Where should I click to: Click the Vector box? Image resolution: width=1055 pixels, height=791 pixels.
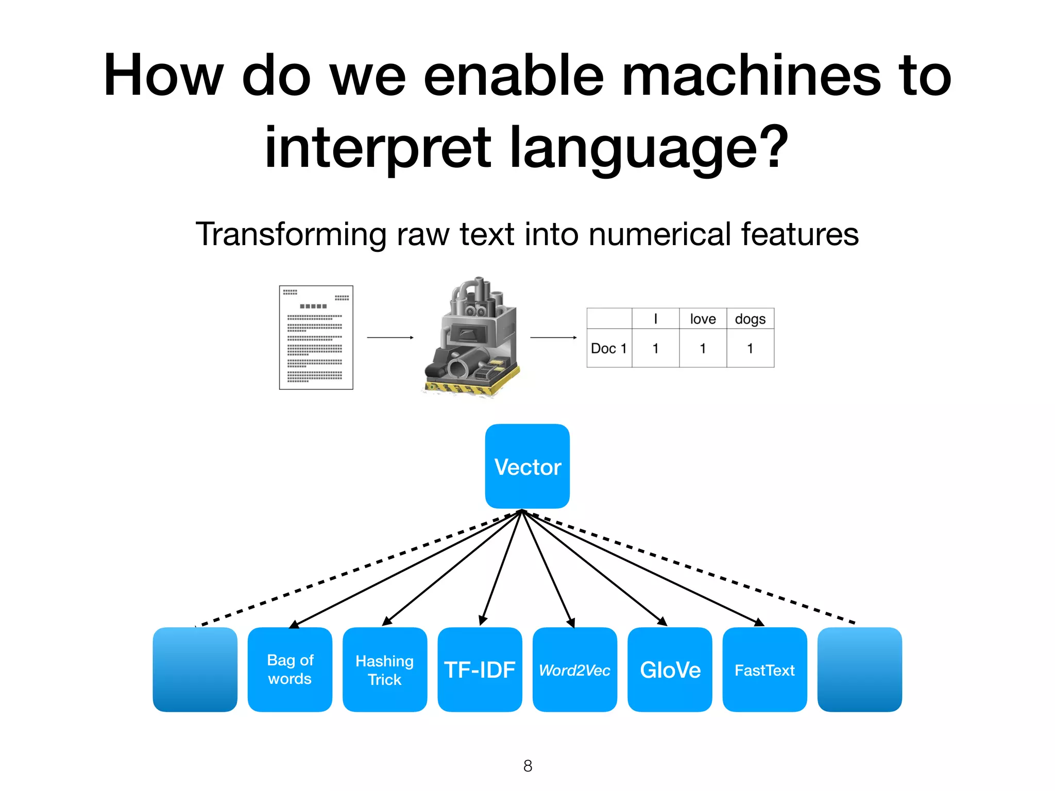pos(527,466)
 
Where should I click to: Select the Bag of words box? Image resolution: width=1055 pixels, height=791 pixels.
pos(290,669)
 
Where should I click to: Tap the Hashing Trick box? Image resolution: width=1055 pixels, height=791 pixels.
pos(384,669)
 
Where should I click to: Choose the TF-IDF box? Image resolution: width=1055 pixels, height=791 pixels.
pos(480,669)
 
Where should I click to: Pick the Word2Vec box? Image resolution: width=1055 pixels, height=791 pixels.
pos(574,669)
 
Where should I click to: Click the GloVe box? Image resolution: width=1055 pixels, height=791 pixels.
pos(670,669)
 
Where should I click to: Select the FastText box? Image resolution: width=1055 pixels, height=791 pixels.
pos(764,669)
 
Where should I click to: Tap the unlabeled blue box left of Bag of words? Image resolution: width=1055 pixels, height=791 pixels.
pos(195,669)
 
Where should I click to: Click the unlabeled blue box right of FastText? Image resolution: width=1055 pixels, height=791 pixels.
pos(859,669)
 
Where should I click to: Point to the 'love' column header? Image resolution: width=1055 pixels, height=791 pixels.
pos(703,319)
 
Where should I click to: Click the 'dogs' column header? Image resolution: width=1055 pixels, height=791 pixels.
pos(750,319)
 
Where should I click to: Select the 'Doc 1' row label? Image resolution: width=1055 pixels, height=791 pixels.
pos(609,349)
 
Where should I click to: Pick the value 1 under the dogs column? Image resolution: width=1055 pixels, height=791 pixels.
pos(750,349)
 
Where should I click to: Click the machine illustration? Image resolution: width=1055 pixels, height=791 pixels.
pos(471,337)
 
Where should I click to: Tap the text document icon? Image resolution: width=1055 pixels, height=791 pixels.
pos(316,337)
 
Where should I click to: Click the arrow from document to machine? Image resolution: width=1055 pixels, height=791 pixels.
pos(390,337)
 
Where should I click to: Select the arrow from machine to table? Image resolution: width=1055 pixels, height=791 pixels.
pos(553,337)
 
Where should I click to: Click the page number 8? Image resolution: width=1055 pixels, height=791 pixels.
pos(527,766)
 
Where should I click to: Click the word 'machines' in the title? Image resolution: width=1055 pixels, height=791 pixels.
pos(751,76)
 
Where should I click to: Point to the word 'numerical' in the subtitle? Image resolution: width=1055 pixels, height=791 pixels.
pos(660,234)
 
